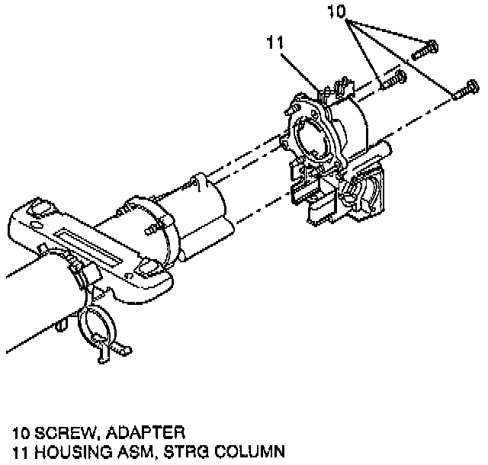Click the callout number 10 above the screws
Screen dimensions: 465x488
(336, 12)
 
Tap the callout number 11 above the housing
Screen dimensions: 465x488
(276, 43)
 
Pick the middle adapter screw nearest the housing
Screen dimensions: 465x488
(392, 79)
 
